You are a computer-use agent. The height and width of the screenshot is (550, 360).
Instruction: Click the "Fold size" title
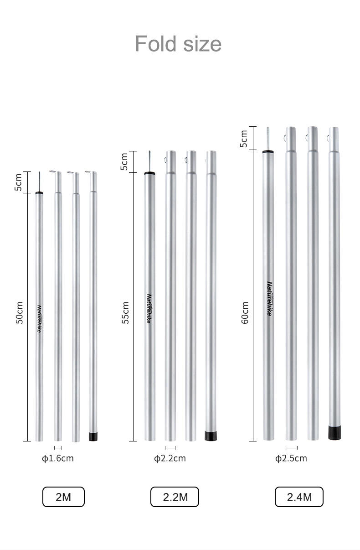(178, 44)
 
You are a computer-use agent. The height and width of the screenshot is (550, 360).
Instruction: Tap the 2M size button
(63, 497)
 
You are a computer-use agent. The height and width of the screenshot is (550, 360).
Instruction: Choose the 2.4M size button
(299, 497)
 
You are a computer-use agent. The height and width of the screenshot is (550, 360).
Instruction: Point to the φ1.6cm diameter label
(58, 458)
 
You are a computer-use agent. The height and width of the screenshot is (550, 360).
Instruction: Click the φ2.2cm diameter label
(170, 458)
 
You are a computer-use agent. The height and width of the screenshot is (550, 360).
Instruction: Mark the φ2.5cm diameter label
(291, 458)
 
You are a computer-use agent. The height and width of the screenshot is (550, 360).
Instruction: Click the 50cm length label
(19, 313)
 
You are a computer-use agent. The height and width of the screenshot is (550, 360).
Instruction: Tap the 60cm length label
(245, 313)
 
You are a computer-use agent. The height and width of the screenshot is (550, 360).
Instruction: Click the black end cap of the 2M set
(93, 436)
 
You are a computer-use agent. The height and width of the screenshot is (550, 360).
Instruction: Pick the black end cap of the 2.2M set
(211, 436)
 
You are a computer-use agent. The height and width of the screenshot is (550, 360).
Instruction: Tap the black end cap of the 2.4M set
(334, 432)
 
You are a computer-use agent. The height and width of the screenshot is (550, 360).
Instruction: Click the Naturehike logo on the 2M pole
(40, 318)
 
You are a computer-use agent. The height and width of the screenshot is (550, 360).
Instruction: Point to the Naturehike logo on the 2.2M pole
(149, 308)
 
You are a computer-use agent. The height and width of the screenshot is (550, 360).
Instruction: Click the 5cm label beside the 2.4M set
(244, 139)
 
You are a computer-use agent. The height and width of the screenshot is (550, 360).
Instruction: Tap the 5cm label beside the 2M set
(19, 182)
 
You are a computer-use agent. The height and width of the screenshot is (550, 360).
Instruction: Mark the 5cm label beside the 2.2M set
(124, 162)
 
